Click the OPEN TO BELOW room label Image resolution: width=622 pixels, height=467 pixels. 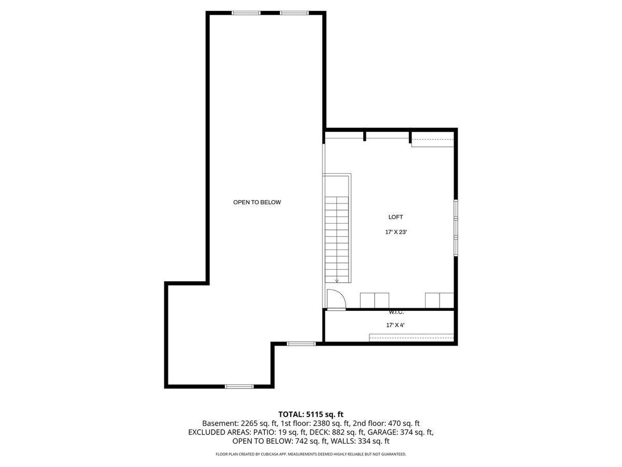257,202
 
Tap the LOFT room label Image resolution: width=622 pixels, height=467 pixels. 395,217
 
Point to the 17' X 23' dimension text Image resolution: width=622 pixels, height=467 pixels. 395,232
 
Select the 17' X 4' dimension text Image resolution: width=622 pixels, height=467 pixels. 395,325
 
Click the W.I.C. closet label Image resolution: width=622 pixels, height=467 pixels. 396,312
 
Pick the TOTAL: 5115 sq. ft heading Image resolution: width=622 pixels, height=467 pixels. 310,414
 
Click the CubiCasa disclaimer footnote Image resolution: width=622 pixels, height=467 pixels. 311,454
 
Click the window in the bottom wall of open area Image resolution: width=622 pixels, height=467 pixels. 239,386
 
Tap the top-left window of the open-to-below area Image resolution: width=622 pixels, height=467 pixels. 246,13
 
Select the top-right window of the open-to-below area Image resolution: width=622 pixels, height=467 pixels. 294,13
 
